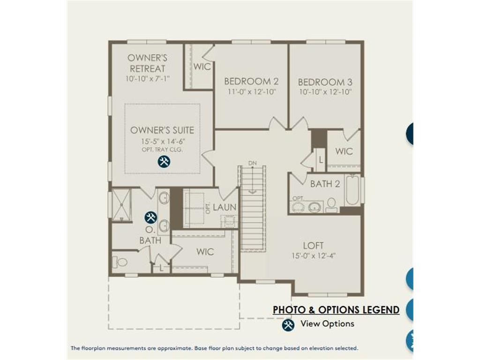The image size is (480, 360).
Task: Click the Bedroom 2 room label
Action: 251,81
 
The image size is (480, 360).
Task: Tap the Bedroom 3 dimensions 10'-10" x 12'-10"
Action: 325,92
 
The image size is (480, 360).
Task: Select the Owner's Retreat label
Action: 147,63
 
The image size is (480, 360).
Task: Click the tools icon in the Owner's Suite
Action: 164,161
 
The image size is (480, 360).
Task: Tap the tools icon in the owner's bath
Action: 150,217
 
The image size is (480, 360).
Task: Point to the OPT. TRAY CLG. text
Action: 162,150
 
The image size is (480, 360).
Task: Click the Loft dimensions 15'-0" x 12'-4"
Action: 314,255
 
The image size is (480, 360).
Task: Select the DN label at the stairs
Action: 253,163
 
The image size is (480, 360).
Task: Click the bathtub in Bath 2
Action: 352,190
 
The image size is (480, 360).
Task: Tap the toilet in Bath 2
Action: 331,205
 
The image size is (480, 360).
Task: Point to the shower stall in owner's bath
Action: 121,204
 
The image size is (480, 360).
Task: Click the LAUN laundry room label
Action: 225,207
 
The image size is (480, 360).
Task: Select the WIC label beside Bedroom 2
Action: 202,67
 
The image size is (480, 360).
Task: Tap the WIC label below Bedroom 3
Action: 344,151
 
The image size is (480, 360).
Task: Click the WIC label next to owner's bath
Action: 205,252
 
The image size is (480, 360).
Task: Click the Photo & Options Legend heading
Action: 336,310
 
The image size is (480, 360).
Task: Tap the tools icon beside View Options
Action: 288,325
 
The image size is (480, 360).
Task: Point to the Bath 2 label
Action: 325,184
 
